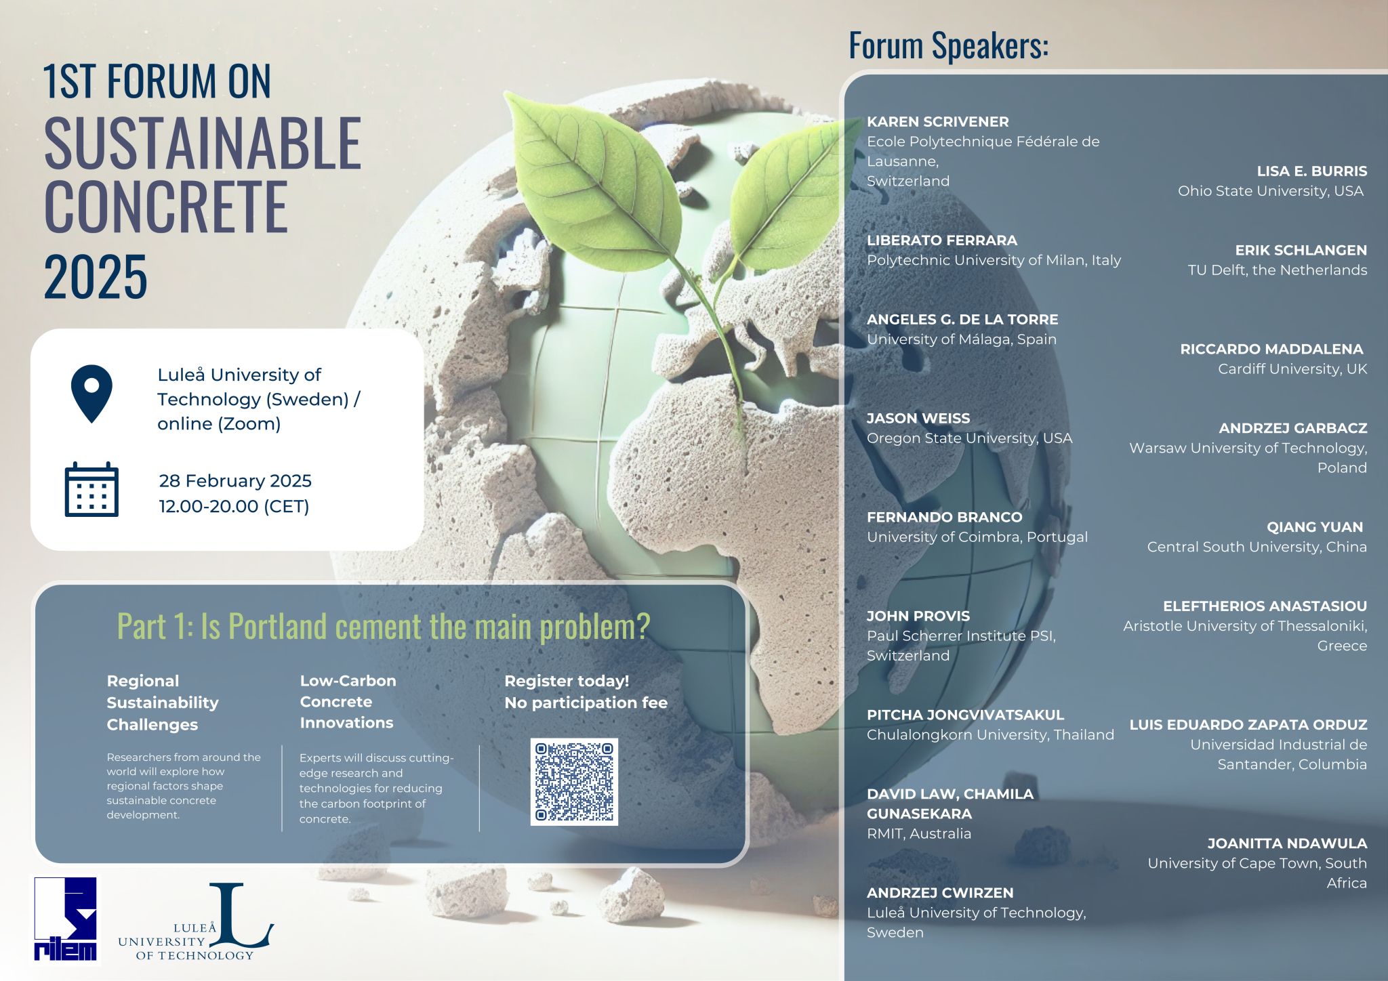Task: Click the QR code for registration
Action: (574, 782)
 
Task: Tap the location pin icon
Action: (91, 393)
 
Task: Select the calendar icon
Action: (91, 489)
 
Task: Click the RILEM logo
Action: (65, 919)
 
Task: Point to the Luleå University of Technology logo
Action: (196, 922)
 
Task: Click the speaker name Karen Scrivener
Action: (938, 122)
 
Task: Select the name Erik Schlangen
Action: (1301, 250)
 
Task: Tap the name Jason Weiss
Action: (918, 418)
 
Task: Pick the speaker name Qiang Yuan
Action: (1315, 526)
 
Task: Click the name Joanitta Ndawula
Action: (1287, 843)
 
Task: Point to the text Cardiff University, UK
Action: (1292, 369)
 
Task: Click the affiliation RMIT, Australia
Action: (919, 833)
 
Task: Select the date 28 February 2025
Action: (235, 481)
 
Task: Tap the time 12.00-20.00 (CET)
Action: (234, 506)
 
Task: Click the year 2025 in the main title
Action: (96, 276)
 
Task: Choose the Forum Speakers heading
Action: (949, 46)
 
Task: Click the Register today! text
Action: (567, 681)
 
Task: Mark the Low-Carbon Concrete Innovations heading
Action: (348, 701)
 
